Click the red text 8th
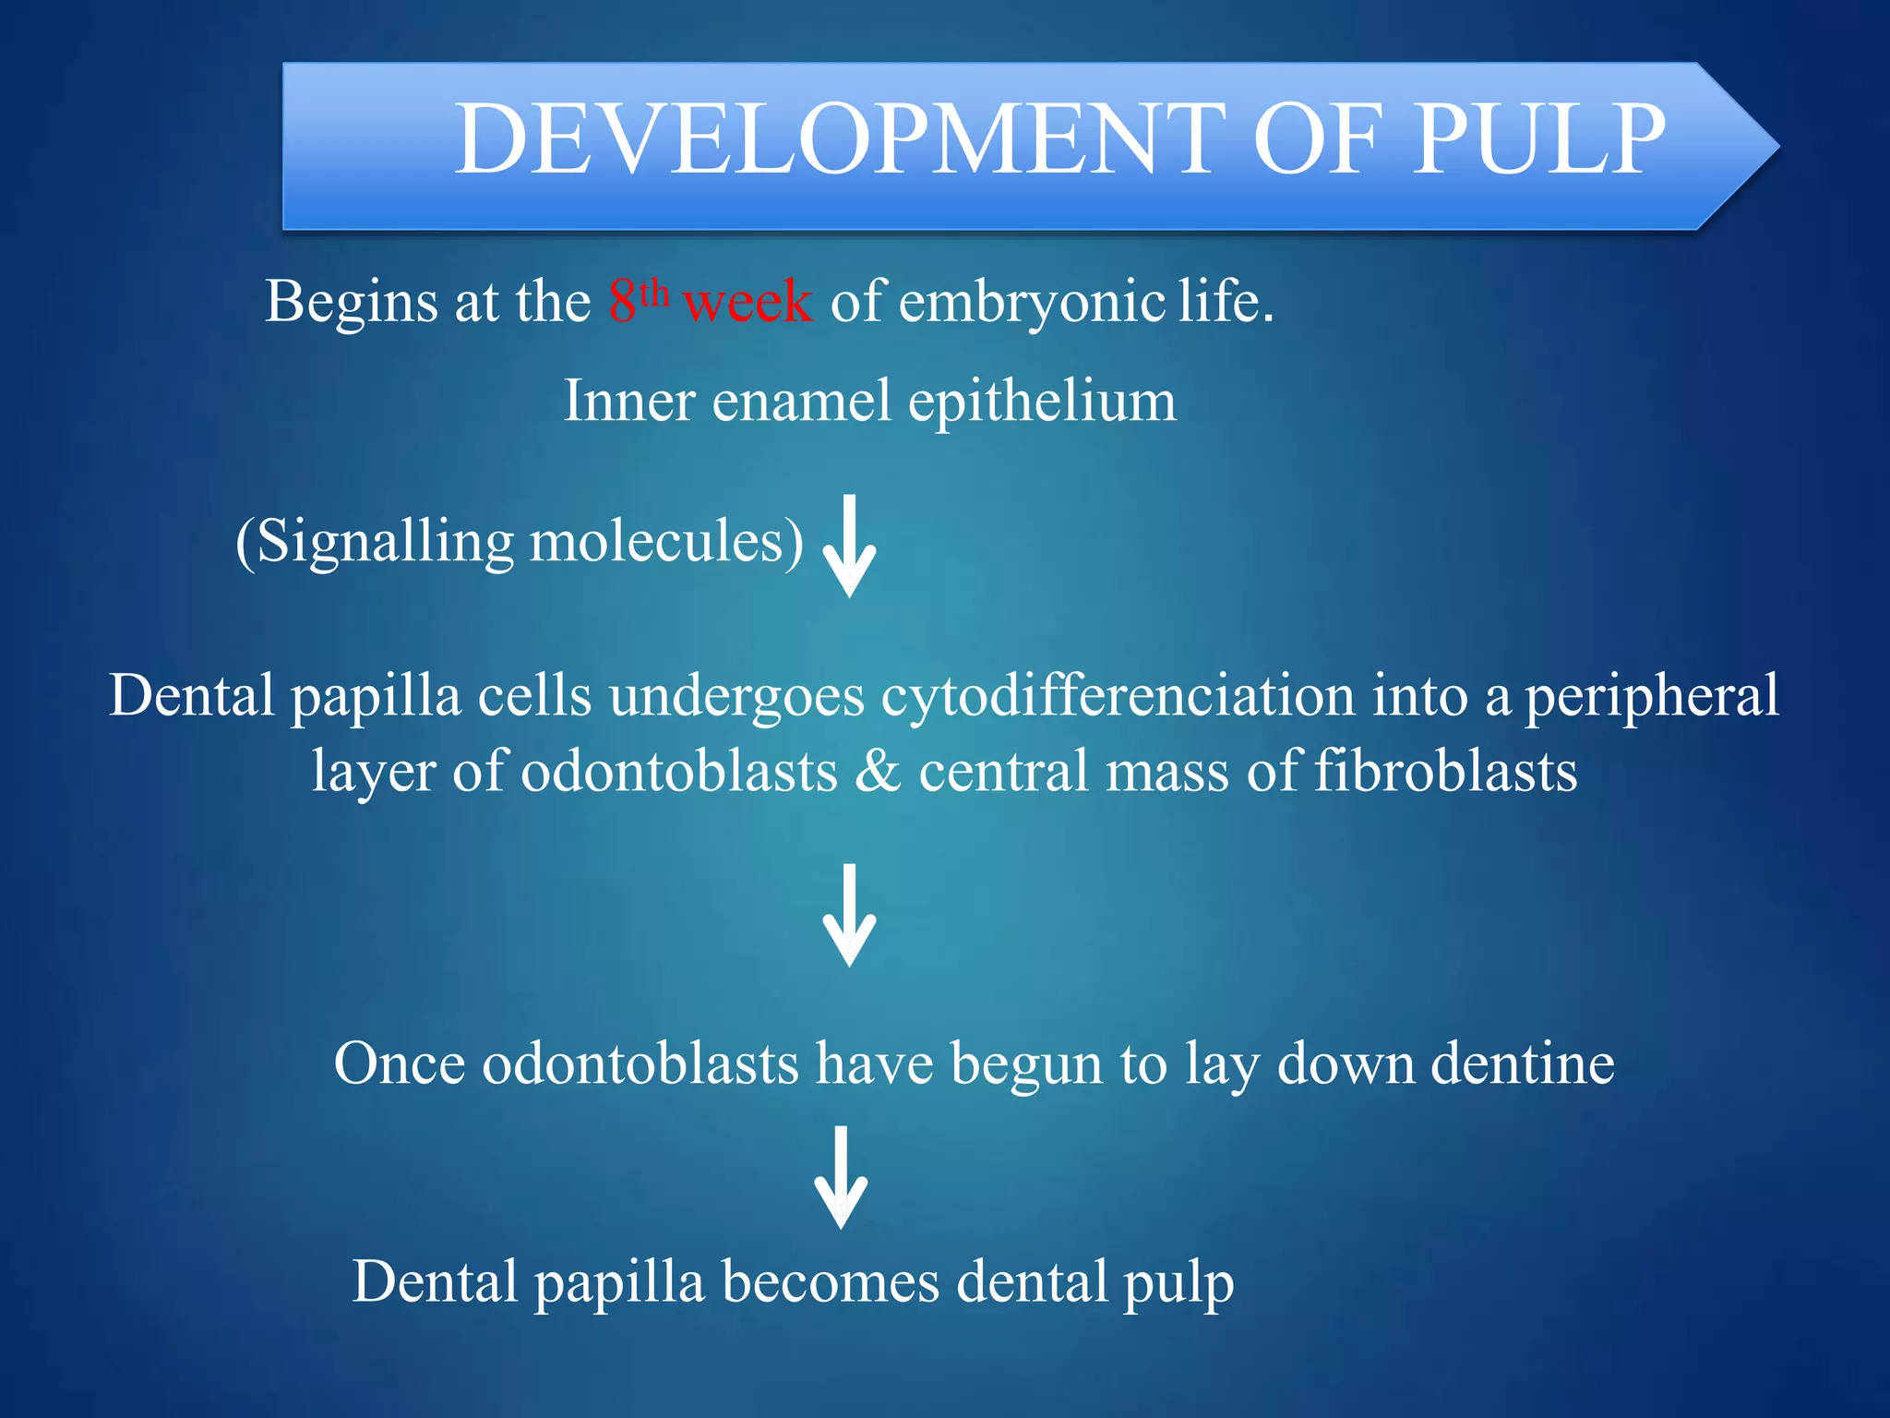(638, 301)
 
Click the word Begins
(350, 303)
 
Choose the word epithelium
(1042, 403)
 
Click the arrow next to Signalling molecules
(849, 547)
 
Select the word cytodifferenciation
(1117, 696)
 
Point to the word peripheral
(1650, 698)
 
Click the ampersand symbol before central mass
(878, 771)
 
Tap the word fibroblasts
(1445, 771)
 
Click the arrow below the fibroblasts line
(849, 916)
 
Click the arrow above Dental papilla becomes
(841, 1177)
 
